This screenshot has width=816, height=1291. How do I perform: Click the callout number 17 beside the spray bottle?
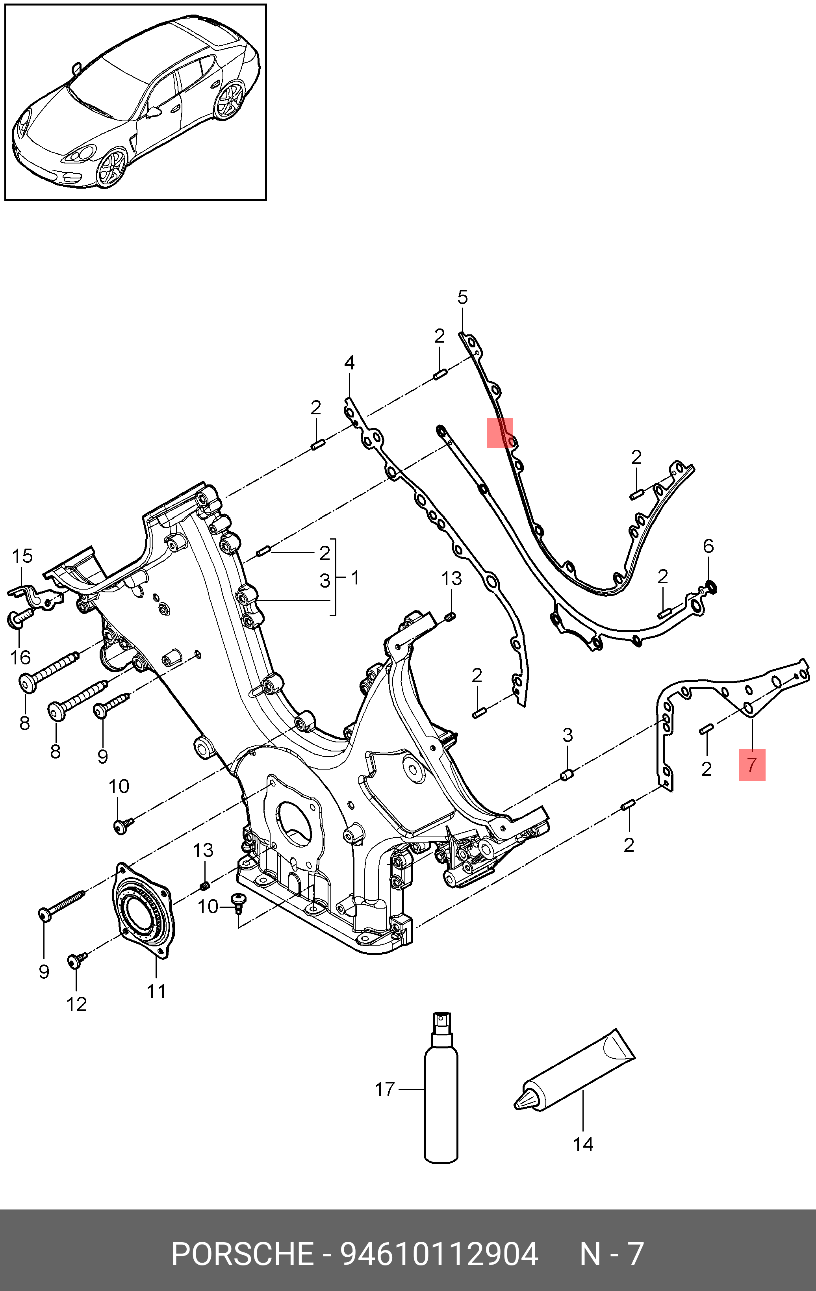[384, 1090]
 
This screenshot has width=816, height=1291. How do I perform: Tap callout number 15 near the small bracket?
[22, 556]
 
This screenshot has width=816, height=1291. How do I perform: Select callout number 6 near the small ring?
[708, 546]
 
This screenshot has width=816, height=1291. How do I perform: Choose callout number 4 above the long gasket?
[349, 363]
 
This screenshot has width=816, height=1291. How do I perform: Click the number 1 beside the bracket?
[355, 578]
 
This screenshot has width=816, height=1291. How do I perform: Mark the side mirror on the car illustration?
[154, 111]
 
